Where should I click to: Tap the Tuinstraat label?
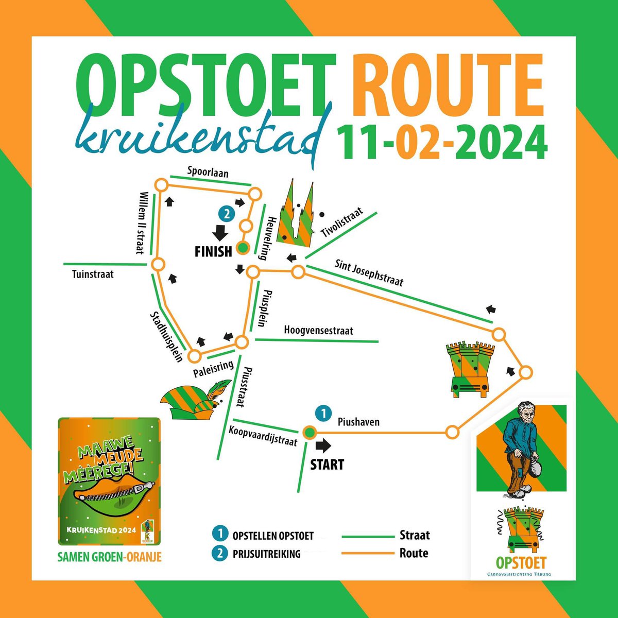click(x=93, y=274)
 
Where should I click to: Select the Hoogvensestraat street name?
click(x=318, y=331)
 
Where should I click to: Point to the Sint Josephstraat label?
click(x=369, y=273)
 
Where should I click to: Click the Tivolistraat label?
click(x=342, y=222)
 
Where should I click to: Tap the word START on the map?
click(x=327, y=465)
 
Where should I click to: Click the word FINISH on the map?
click(x=213, y=251)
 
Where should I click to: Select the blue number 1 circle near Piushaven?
click(x=323, y=413)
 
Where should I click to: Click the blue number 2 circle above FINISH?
click(x=226, y=213)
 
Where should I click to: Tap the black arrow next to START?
click(x=323, y=445)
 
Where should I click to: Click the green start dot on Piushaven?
click(x=308, y=433)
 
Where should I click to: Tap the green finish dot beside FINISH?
click(x=242, y=248)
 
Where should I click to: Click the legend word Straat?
click(x=414, y=535)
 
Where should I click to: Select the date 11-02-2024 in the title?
click(x=441, y=138)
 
